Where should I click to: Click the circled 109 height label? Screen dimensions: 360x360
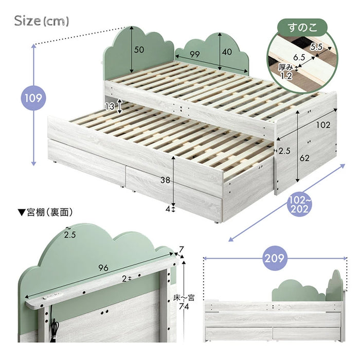(x=33, y=98)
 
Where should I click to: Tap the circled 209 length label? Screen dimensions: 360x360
(x=275, y=258)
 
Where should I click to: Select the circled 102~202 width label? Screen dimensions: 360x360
(x=300, y=205)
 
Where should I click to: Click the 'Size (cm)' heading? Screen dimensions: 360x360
(x=41, y=21)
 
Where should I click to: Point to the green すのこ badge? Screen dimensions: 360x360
(x=302, y=28)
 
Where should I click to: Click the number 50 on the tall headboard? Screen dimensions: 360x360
(x=139, y=49)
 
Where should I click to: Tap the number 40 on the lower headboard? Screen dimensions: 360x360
(x=227, y=52)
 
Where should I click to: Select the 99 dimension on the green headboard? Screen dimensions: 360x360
(x=195, y=54)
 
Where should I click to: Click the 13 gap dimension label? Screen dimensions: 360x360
(x=110, y=106)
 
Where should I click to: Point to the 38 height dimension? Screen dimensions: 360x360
(x=165, y=180)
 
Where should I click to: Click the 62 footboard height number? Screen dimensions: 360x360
(x=304, y=158)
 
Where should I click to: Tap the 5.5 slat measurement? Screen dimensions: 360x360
(x=316, y=47)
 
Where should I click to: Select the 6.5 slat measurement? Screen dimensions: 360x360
(x=299, y=58)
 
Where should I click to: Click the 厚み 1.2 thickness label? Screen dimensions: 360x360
(x=285, y=71)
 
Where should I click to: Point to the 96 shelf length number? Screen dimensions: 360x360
(x=103, y=267)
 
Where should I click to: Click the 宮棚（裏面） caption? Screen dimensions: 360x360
(x=45, y=212)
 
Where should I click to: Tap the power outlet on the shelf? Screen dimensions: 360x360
(x=53, y=296)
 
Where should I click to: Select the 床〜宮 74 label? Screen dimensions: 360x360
(x=184, y=302)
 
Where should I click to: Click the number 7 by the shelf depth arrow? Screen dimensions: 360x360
(x=182, y=249)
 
